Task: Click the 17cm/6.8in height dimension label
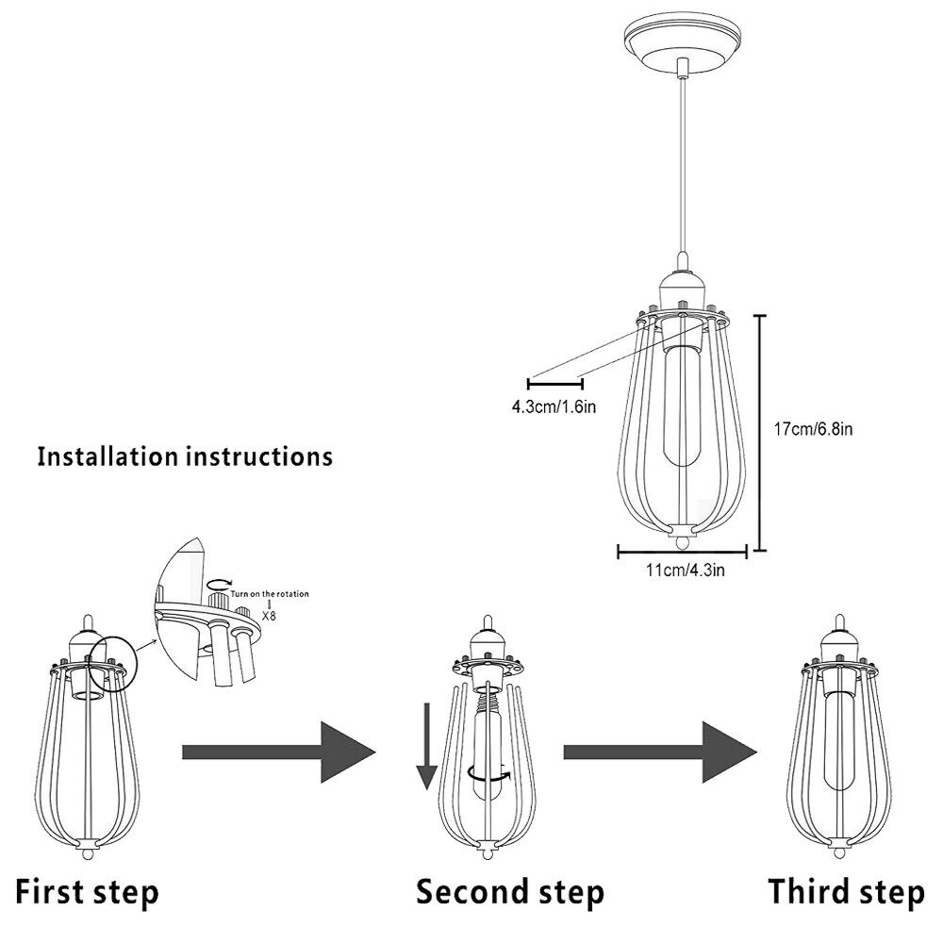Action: coord(813,429)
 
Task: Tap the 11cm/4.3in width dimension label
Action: coord(685,570)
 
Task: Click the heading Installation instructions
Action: coord(185,457)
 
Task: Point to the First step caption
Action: coord(88,890)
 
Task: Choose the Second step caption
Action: coord(510,890)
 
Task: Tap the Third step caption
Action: coord(846,890)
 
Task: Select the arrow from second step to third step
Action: coord(660,752)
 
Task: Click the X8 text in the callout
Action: coord(270,614)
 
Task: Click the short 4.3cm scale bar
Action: coord(555,383)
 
